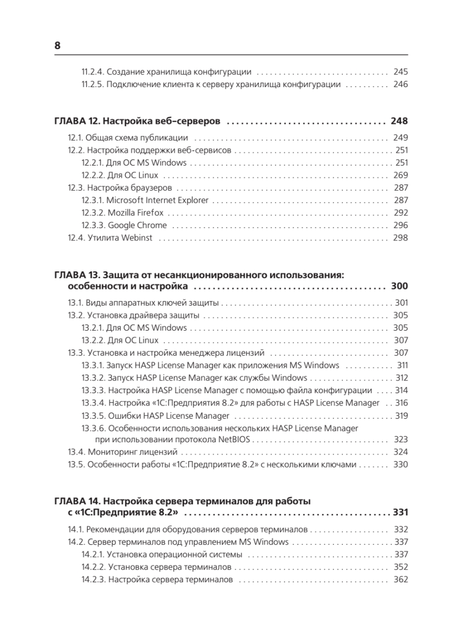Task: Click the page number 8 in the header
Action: [x=58, y=46]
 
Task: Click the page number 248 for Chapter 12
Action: [x=399, y=121]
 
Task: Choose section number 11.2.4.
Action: [x=93, y=72]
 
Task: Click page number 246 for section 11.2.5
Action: [x=400, y=84]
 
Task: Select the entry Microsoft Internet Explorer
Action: [x=157, y=200]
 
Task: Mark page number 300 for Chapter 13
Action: [x=399, y=285]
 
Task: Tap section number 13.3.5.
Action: [x=93, y=416]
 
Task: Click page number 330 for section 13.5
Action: [x=400, y=465]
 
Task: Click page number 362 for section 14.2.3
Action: [x=400, y=580]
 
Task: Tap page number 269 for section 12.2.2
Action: [x=400, y=175]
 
